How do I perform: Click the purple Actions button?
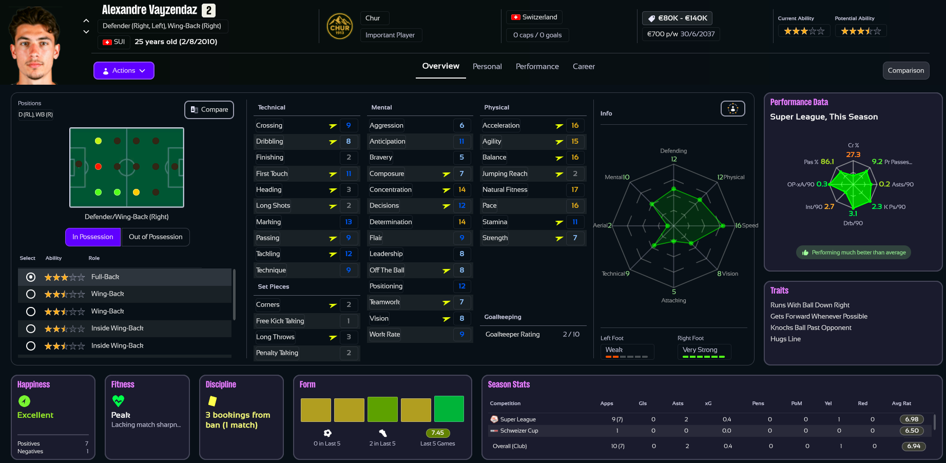124,70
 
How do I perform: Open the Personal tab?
487,67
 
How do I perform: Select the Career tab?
584,67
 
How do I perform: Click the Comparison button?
905,70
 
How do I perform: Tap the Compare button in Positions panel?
209,109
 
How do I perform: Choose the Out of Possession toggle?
156,237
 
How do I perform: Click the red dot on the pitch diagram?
98,166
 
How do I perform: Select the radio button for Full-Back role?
31,277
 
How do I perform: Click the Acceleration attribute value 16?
575,125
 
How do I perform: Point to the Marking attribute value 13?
349,222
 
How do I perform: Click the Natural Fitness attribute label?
505,189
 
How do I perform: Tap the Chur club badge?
340,27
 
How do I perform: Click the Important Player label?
390,35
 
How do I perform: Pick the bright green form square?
449,409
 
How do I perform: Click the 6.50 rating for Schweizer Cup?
912,431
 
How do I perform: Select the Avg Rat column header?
901,403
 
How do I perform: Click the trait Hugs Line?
785,339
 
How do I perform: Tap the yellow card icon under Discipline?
212,401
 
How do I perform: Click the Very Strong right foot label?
700,350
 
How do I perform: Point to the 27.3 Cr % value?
853,155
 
